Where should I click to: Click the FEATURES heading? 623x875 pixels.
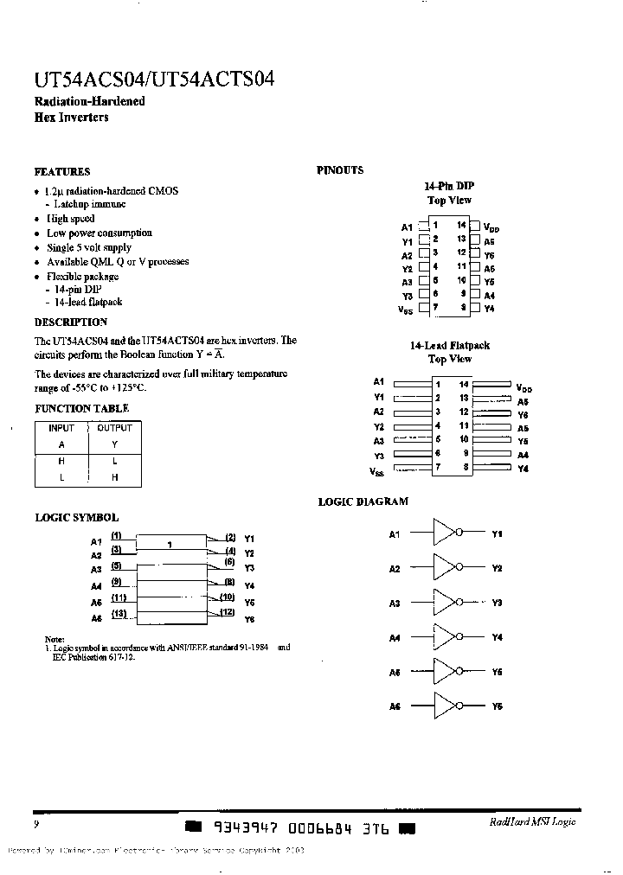(x=62, y=171)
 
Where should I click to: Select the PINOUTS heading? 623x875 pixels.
(x=340, y=170)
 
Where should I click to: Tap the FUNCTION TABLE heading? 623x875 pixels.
(x=82, y=408)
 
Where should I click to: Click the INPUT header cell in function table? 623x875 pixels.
(x=61, y=428)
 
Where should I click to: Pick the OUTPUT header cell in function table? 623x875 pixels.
(x=114, y=428)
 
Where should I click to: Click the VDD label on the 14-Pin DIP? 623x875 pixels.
(x=491, y=228)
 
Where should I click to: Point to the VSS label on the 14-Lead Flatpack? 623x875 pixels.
(x=377, y=471)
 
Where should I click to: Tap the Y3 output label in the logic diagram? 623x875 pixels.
(x=497, y=603)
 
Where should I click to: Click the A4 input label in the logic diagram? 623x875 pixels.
(x=395, y=638)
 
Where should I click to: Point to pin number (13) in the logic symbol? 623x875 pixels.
(x=119, y=613)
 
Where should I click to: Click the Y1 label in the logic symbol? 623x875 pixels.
(x=249, y=538)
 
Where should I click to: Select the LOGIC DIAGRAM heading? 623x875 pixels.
(x=363, y=501)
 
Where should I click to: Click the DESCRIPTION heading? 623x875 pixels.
(x=71, y=323)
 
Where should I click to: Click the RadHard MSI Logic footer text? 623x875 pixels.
(x=531, y=822)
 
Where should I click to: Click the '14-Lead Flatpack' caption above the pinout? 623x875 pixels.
(x=449, y=345)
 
